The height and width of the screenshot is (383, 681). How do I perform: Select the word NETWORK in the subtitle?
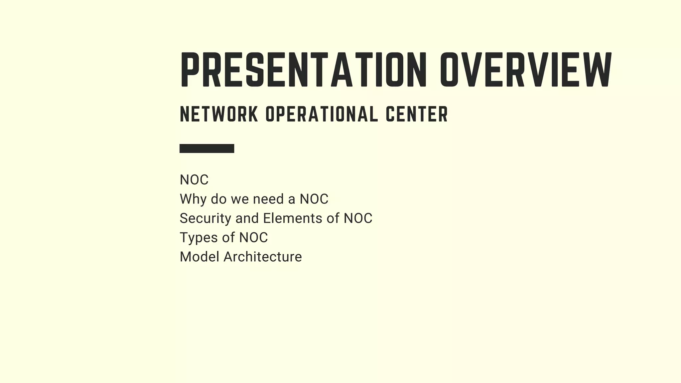[x=219, y=114]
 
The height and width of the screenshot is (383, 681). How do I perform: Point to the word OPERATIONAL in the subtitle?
[x=322, y=114]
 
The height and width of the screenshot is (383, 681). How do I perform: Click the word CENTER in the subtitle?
[x=417, y=114]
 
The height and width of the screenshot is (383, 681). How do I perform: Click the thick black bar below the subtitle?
[x=207, y=148]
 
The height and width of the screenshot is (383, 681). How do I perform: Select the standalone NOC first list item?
[x=194, y=180]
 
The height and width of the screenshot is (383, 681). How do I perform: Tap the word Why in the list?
[x=193, y=199]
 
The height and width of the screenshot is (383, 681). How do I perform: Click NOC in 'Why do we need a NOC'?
[x=314, y=199]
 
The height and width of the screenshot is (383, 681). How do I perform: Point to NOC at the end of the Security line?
[x=358, y=218]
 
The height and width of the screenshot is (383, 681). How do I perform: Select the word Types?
[x=198, y=238]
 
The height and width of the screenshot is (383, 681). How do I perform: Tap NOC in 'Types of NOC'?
[x=253, y=238]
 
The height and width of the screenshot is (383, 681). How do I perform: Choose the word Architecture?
[x=263, y=257]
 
